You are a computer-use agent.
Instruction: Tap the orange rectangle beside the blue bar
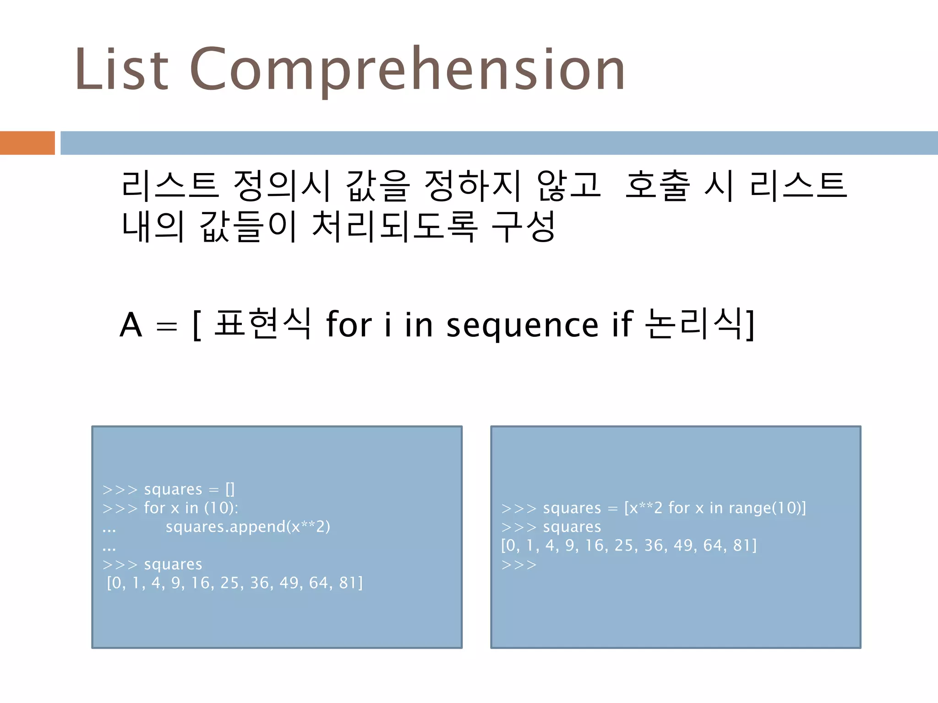[x=27, y=143]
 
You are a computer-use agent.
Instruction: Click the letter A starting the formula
[x=131, y=325]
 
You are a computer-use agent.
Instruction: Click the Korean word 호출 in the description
[x=658, y=185]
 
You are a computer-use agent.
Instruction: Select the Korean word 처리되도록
[x=395, y=226]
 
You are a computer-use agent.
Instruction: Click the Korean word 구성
[x=524, y=226]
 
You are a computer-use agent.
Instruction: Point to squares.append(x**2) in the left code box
[x=248, y=527]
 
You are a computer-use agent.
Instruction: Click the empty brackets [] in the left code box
[x=230, y=489]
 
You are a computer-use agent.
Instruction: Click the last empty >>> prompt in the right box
[x=518, y=565]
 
